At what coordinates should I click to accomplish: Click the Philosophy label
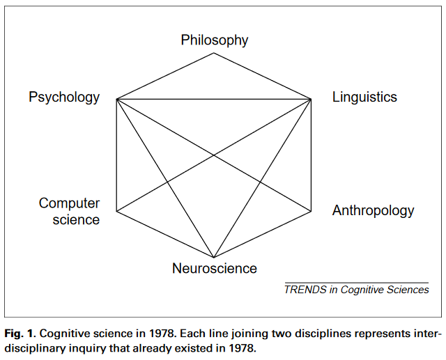pos(215,40)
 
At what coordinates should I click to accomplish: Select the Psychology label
pos(64,97)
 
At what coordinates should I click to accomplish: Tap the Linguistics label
pos(364,97)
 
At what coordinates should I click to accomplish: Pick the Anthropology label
pos(374,211)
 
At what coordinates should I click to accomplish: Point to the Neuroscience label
pos(215,269)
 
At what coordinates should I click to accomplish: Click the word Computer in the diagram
pos(70,203)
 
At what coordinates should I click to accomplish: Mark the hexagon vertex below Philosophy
pos(214,53)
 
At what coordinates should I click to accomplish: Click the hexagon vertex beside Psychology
pos(116,99)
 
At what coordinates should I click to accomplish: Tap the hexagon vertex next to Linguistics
pos(312,99)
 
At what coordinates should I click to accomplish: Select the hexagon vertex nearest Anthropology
pos(312,211)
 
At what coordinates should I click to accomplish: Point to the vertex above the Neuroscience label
pos(214,258)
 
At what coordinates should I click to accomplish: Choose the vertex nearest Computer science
pos(116,211)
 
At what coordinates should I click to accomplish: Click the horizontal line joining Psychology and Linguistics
pos(214,99)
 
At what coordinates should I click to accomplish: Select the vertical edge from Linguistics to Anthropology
pos(312,155)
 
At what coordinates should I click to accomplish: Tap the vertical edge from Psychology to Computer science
pos(116,155)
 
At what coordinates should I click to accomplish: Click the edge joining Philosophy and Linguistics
pos(263,76)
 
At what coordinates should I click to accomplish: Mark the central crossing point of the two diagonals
pos(214,155)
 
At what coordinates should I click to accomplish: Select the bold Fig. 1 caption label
pos(19,334)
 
